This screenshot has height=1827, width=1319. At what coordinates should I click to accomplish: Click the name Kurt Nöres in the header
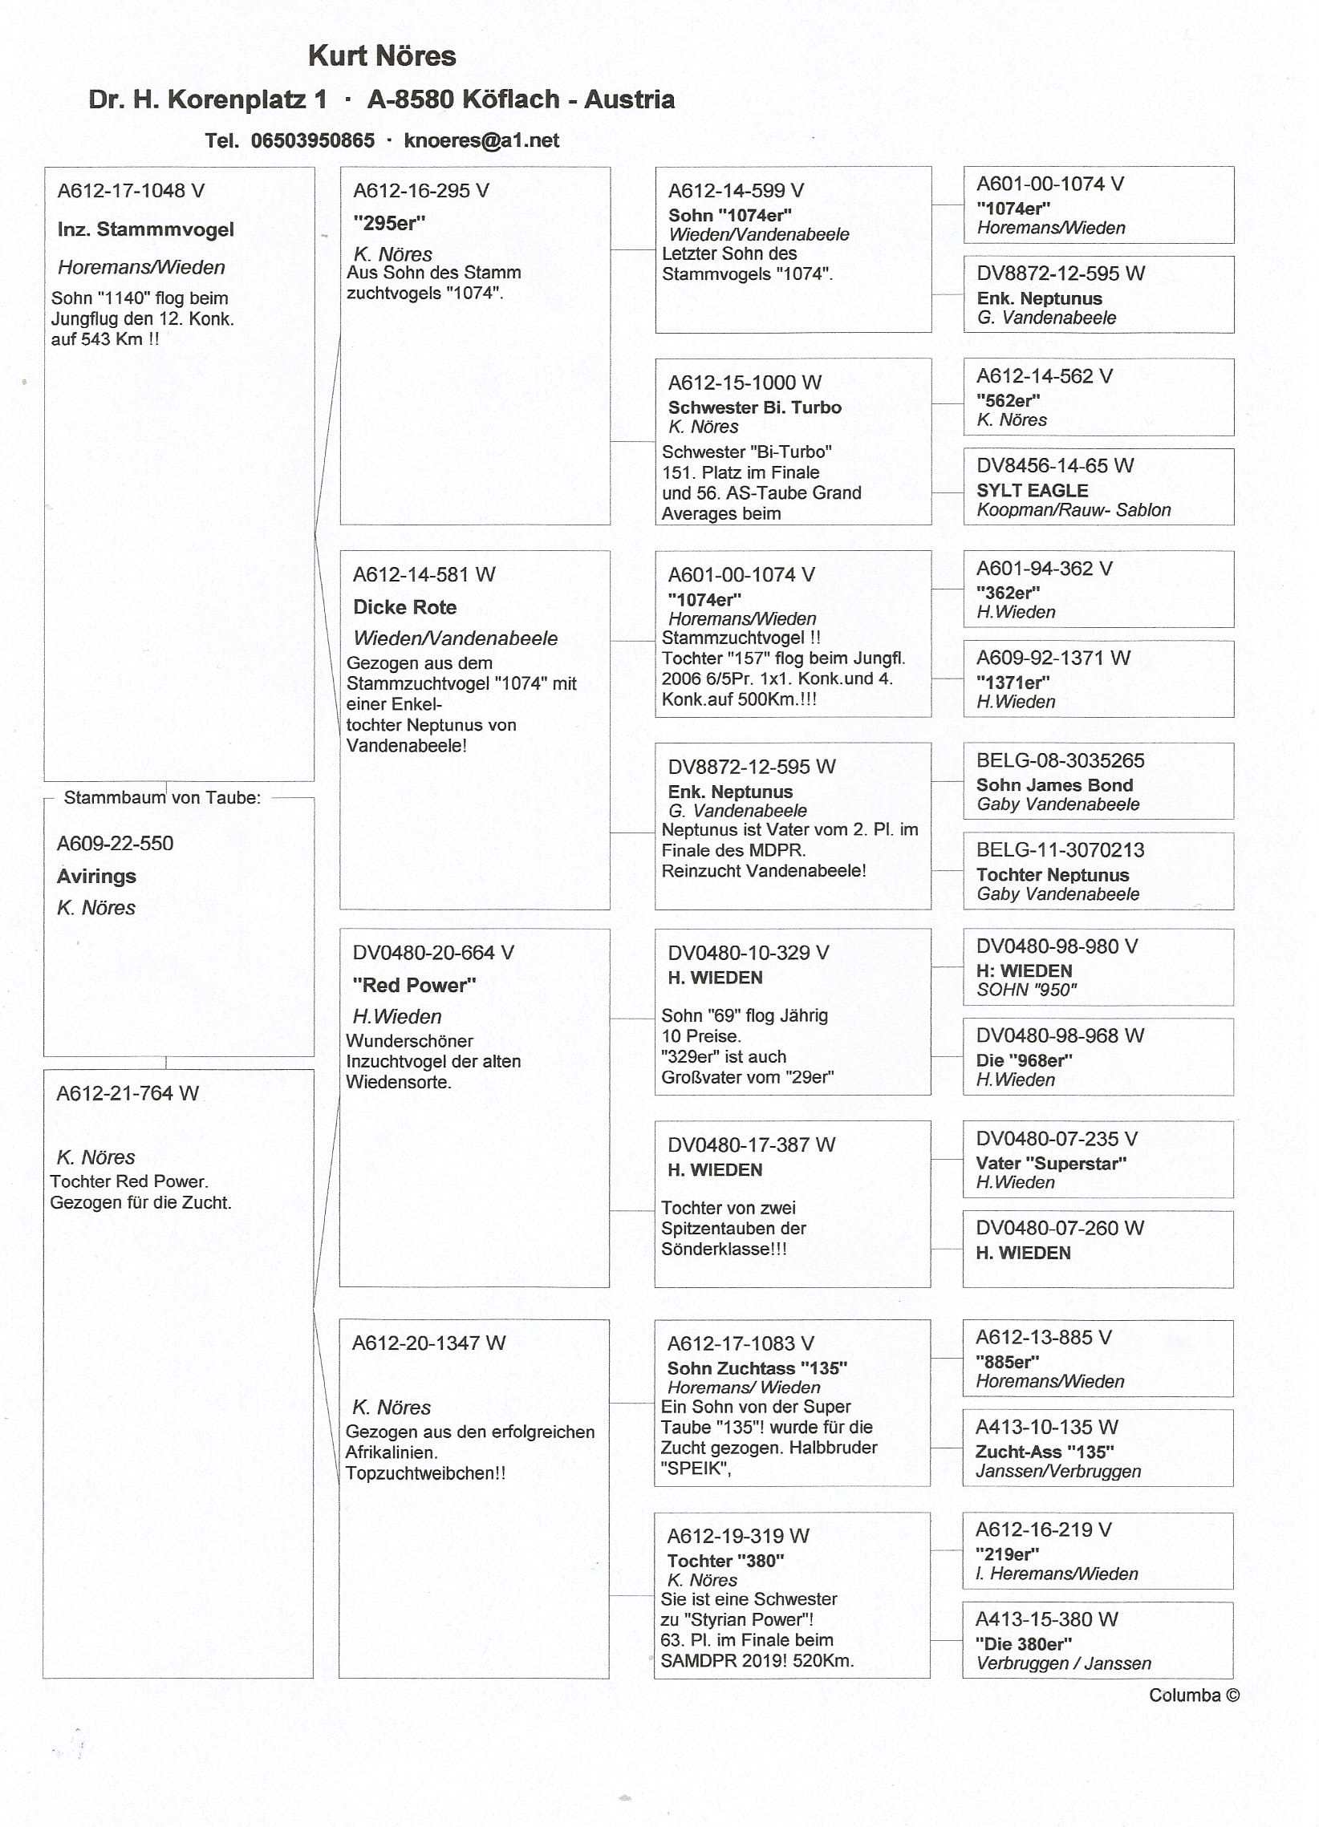[382, 55]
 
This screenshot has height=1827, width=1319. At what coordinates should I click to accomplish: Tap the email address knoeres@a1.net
[481, 140]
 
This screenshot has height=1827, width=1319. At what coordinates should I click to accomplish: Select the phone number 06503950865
[313, 140]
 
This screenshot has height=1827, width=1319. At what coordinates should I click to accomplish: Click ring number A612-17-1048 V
[131, 191]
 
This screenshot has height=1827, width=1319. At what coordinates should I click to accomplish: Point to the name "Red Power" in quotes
[414, 984]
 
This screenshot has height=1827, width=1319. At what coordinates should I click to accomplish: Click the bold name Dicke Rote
[404, 606]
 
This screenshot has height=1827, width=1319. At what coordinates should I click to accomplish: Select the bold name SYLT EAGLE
[1032, 490]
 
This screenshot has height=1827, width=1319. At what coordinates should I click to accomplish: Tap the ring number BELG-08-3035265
[1061, 760]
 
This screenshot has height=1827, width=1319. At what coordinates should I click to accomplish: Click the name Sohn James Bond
[1055, 784]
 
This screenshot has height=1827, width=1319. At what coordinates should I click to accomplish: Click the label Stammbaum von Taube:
[162, 797]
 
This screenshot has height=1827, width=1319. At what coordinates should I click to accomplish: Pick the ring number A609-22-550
[116, 844]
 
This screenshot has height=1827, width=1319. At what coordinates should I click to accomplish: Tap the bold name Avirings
[97, 876]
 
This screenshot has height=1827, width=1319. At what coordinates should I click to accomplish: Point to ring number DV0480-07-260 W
[1060, 1228]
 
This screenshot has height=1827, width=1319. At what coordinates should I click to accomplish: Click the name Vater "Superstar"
[1052, 1163]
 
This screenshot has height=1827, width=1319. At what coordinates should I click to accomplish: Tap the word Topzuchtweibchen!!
[426, 1473]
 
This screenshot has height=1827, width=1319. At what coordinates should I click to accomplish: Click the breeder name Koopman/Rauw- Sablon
[1073, 509]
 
